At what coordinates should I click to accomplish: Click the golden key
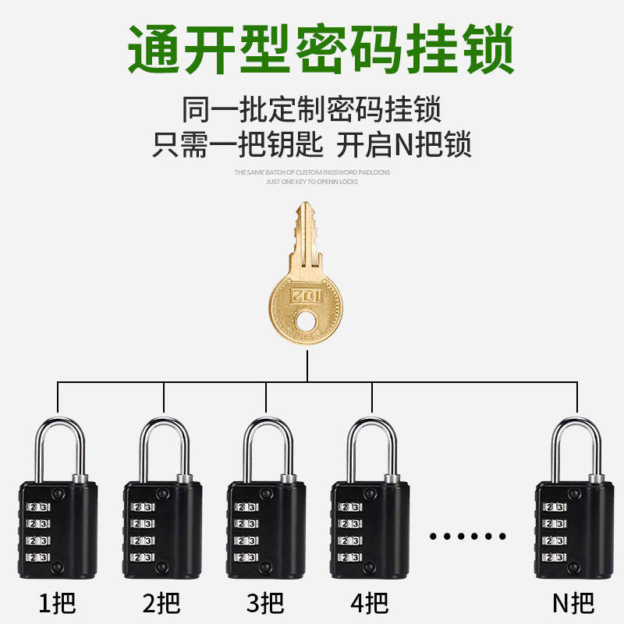[x=306, y=289]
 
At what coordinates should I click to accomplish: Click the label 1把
[x=58, y=602]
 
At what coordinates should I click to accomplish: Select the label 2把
[x=162, y=602]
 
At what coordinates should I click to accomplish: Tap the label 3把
[x=265, y=602]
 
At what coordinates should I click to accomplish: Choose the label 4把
[x=370, y=602]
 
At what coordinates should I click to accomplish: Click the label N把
[x=573, y=602]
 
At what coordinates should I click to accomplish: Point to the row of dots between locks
[x=468, y=537]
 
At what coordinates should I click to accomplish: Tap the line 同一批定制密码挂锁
[x=312, y=109]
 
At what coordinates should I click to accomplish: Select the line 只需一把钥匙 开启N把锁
[x=312, y=145]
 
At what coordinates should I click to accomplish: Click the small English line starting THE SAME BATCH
[x=312, y=172]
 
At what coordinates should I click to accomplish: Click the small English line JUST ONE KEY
[x=312, y=181]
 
